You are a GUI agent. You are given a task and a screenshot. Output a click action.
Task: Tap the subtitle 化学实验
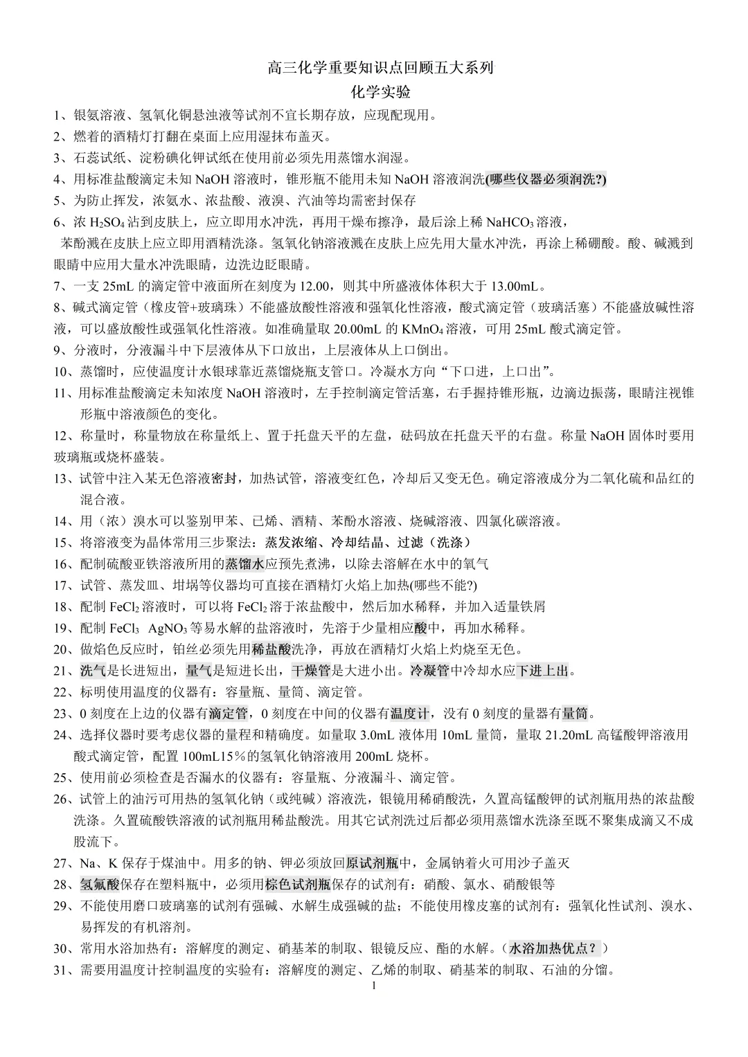click(380, 92)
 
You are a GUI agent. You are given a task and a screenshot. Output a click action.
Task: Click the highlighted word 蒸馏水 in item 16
click(246, 564)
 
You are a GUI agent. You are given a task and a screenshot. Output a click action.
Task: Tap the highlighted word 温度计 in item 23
click(410, 714)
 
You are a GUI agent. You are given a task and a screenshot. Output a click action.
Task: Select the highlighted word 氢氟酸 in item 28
click(100, 885)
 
